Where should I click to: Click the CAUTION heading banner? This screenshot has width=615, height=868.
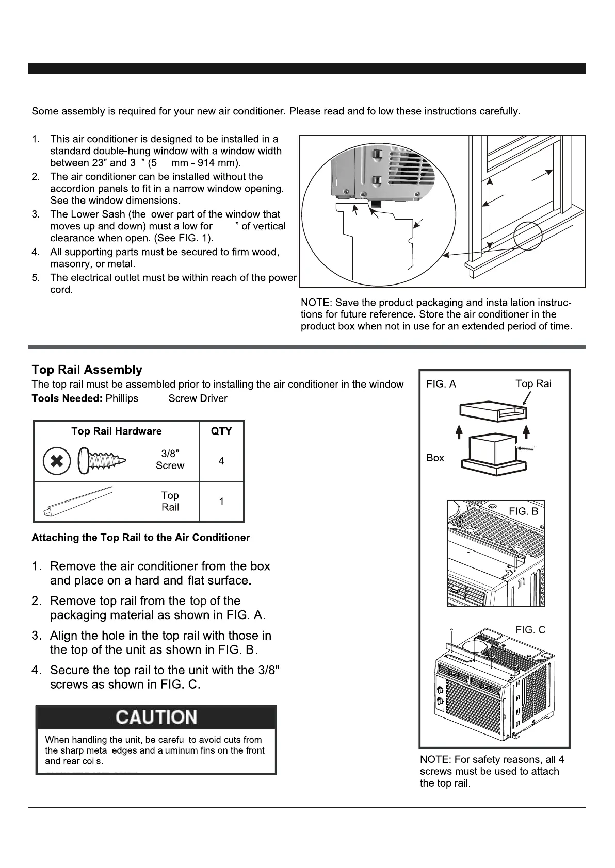156,717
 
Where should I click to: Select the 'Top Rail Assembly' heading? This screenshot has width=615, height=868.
87,370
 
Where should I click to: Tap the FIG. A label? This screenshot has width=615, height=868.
441,384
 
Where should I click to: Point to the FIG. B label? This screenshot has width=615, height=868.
523,511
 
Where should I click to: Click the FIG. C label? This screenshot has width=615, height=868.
530,630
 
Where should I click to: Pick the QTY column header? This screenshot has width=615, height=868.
221,431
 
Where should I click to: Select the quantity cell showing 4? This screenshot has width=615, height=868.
221,461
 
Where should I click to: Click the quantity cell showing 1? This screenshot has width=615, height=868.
221,501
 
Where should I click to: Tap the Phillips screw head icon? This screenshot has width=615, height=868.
57,461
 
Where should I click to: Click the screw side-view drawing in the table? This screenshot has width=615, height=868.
103,458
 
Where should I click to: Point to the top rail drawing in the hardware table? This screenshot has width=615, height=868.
80,502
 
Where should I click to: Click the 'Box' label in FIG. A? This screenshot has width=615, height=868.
435,458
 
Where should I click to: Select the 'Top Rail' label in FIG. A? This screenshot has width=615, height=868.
534,384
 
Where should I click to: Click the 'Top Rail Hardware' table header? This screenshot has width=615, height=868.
117,431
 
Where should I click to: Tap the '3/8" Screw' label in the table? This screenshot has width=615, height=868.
170,460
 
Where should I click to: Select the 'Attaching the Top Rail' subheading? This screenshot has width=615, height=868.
140,538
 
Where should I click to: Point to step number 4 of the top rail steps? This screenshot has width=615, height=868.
36,670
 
